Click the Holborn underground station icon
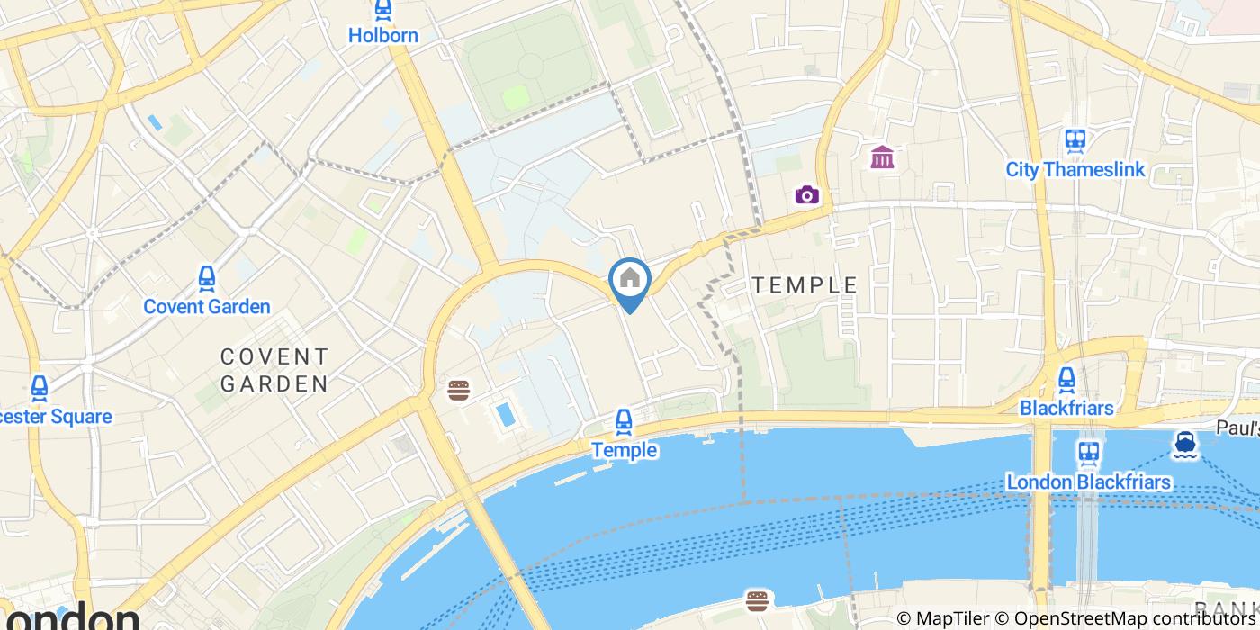(x=383, y=11)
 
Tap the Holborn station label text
(x=383, y=36)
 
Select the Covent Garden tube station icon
(x=207, y=279)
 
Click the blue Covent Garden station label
(x=207, y=307)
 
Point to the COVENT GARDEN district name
(x=274, y=371)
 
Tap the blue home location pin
(x=630, y=281)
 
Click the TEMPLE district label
(x=805, y=285)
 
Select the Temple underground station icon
(x=624, y=421)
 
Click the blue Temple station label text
(x=624, y=450)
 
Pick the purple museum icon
(x=882, y=157)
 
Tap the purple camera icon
(x=807, y=194)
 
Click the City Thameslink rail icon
(x=1075, y=141)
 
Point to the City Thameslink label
(x=1075, y=169)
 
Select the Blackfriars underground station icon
(x=1066, y=380)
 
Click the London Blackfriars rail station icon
(x=1088, y=453)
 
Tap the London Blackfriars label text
(x=1088, y=482)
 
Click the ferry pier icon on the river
(x=1184, y=443)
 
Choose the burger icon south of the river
(x=757, y=600)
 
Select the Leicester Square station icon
(x=40, y=388)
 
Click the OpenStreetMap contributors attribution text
(x=1136, y=619)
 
